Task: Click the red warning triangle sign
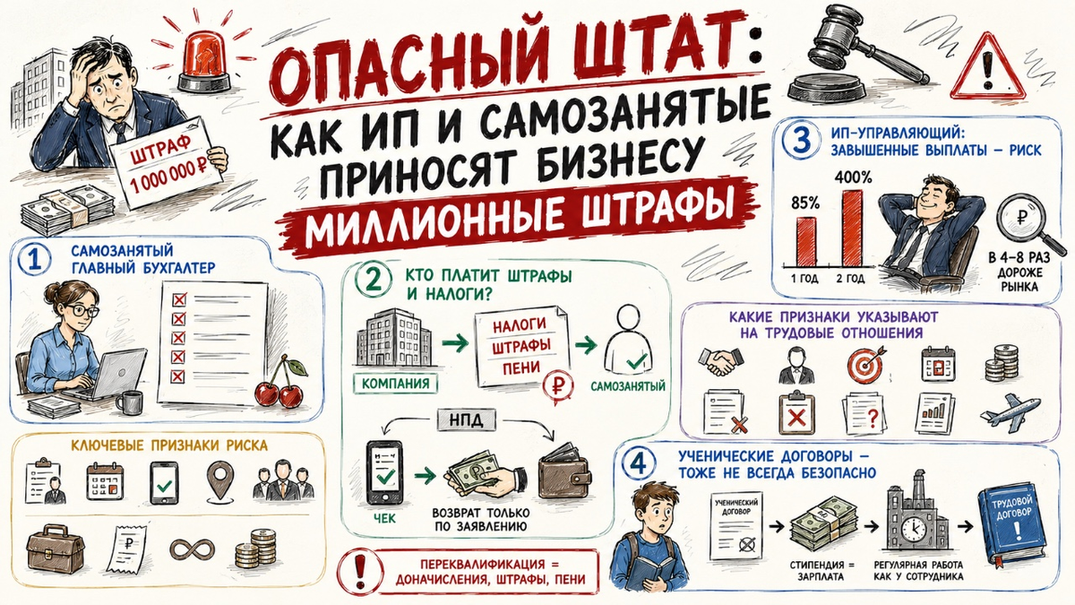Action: pos(987,69)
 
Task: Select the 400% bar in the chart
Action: pos(852,228)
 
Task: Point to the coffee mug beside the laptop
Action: pos(129,402)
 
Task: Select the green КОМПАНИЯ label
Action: pos(396,384)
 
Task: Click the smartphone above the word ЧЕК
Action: pos(384,472)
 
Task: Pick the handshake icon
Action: pos(721,361)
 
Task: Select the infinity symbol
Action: pos(193,549)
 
